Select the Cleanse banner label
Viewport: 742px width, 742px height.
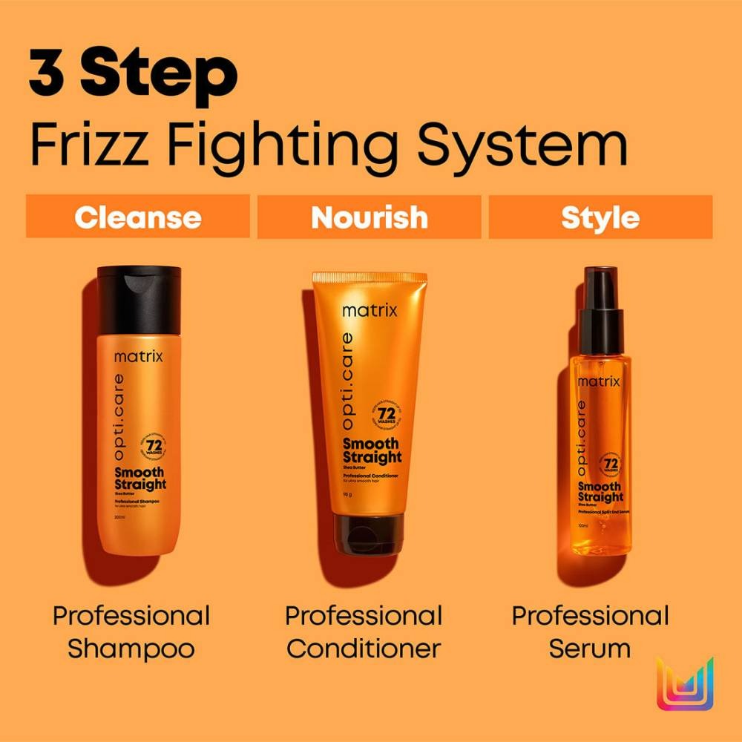pos(138,217)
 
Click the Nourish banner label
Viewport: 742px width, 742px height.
pos(369,217)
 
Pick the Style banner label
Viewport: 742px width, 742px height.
pos(600,217)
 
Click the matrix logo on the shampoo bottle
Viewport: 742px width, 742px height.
pos(139,357)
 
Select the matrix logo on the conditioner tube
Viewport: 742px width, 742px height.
pos(370,310)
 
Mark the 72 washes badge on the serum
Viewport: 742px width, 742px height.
pos(611,465)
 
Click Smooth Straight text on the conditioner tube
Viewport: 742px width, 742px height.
pos(372,451)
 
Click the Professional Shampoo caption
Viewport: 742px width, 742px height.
pos(131,632)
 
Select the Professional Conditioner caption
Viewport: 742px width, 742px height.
pos(364,632)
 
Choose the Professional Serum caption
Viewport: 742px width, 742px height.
pos(590,632)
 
